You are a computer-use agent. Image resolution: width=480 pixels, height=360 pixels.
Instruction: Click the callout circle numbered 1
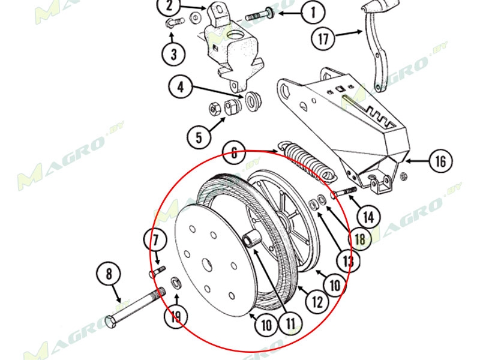tap(313, 12)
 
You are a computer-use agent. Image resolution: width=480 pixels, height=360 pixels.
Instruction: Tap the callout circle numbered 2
tap(169, 7)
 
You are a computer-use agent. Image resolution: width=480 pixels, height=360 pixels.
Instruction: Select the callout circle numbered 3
tap(173, 55)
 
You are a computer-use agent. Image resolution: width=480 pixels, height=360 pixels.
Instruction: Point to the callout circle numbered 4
tap(180, 88)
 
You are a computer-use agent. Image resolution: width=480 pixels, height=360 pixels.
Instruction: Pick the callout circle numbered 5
tap(199, 137)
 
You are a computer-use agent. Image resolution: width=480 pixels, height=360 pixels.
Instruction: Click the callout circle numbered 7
tap(155, 242)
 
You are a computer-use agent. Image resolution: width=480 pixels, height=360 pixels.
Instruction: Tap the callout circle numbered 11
tap(290, 324)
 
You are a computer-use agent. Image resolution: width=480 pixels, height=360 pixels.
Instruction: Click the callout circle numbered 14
tap(368, 214)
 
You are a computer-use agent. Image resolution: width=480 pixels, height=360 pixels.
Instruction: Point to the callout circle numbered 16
tap(440, 161)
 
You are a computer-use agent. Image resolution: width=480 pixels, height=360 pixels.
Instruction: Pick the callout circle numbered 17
tap(323, 40)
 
